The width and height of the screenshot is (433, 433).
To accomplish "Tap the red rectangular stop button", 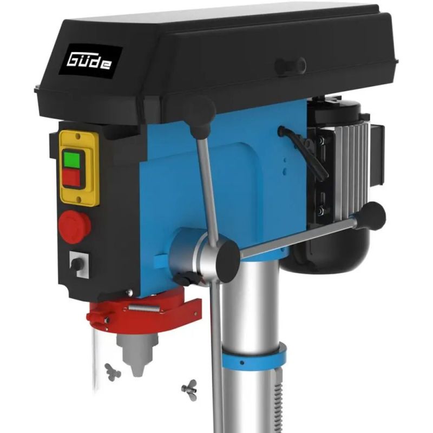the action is (x=72, y=178).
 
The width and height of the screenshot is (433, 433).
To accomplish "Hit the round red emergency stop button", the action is (x=74, y=227).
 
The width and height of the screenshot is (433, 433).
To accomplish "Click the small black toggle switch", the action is (x=77, y=264).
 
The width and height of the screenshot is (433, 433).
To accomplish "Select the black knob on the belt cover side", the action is (x=290, y=65).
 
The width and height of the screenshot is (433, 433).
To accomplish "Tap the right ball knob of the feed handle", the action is (x=370, y=216).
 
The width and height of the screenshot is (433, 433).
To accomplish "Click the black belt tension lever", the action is (x=303, y=152).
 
